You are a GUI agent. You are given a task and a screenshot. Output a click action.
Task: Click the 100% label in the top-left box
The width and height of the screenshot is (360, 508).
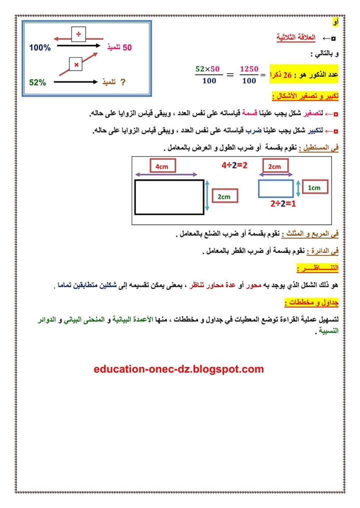[x=40, y=48]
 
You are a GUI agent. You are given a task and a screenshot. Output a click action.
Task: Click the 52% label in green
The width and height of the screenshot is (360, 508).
[x=37, y=82]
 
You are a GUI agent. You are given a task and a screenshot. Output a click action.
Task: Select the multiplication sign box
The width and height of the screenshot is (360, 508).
[x=76, y=65]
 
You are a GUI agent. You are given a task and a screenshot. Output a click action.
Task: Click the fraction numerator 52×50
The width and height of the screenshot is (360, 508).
[x=208, y=68]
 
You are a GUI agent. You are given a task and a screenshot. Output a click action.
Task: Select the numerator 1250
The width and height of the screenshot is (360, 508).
[x=248, y=68]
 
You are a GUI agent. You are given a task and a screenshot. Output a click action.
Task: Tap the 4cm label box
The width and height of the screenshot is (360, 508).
[x=161, y=166]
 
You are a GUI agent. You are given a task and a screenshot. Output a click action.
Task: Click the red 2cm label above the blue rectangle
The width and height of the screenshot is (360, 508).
[x=274, y=166]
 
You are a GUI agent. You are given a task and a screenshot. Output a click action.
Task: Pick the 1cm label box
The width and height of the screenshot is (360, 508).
[x=314, y=188]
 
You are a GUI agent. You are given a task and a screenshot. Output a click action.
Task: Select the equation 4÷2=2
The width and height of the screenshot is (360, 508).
[x=234, y=164]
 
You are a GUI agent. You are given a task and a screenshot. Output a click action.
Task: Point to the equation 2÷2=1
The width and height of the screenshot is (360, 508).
[x=283, y=204]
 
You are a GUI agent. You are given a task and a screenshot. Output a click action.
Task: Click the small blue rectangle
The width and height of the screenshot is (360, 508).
[x=275, y=188]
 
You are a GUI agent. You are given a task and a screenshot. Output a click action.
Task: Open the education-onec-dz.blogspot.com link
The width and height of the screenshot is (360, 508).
[x=178, y=370]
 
